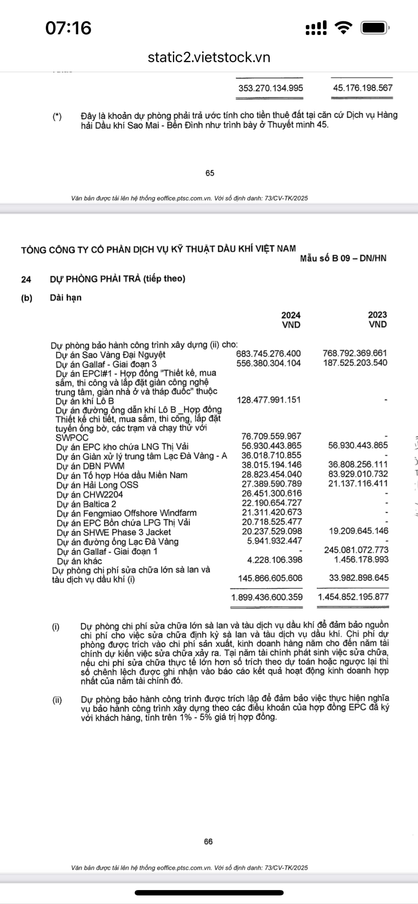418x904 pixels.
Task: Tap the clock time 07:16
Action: [x=68, y=28]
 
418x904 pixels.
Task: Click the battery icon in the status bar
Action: [x=374, y=28]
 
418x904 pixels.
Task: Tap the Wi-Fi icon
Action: [x=343, y=28]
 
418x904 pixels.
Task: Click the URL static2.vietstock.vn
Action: [x=209, y=57]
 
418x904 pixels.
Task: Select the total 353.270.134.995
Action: [x=270, y=88]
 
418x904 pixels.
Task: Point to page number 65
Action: [x=210, y=173]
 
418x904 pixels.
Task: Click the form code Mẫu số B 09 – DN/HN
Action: [x=343, y=258]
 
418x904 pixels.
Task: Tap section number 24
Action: [x=26, y=279]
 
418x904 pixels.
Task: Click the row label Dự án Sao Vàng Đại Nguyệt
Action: [x=110, y=355]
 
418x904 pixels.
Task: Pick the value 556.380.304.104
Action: [x=268, y=363]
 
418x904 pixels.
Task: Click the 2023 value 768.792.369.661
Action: [x=355, y=353]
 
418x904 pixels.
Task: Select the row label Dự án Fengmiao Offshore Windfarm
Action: [x=126, y=513]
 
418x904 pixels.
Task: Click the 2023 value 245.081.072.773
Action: [x=356, y=550]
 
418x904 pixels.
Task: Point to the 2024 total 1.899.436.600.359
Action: [x=267, y=597]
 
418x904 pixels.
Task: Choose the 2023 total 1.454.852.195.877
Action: [x=353, y=597]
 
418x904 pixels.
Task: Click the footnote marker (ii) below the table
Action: [x=57, y=700]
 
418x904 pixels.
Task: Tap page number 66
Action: [x=208, y=842]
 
